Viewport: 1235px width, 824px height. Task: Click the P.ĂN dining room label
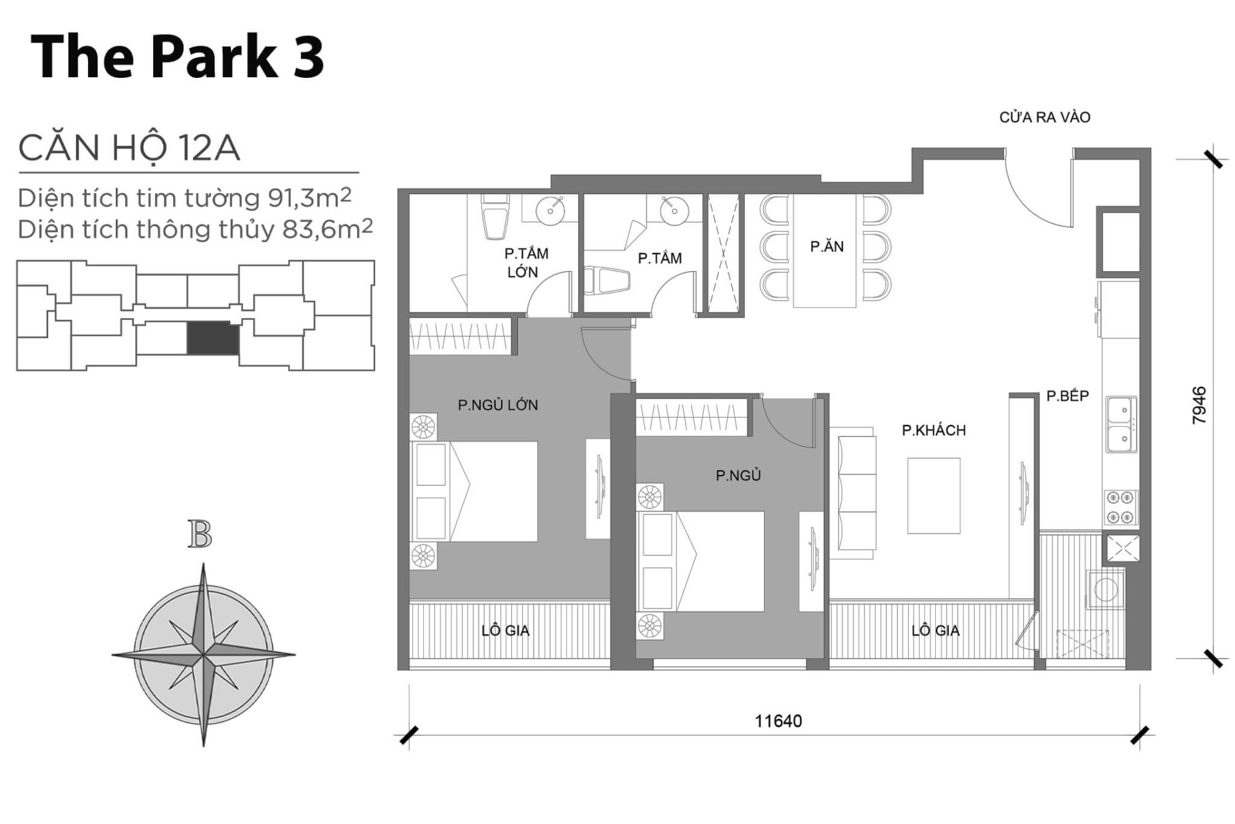coord(827,246)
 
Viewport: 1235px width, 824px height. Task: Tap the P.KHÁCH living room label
coord(933,430)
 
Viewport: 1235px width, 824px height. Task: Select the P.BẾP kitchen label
coord(1067,396)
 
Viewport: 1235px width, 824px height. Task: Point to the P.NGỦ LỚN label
coord(497,405)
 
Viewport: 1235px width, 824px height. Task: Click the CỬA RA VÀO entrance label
coord(1045,117)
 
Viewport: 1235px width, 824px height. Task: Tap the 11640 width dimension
coord(778,720)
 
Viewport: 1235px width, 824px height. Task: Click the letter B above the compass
coord(200,534)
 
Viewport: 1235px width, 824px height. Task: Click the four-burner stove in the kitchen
coord(1121,507)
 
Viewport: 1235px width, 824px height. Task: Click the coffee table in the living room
coord(933,495)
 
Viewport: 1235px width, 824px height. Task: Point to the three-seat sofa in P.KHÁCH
coord(857,493)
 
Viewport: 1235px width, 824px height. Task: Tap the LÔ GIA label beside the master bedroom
coord(505,630)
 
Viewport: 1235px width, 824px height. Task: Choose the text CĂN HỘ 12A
coord(129,149)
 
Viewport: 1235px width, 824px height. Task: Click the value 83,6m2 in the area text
coord(327,229)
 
